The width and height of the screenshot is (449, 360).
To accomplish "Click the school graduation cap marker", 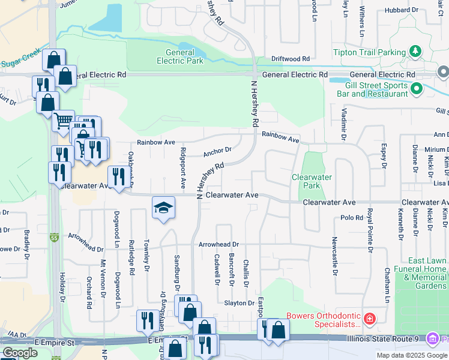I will tap(163, 208).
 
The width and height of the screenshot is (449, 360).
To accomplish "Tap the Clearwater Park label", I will tap(312, 181).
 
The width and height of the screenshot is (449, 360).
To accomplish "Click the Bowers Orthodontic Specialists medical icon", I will tap(369, 317).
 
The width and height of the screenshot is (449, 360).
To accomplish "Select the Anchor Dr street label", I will tap(217, 151).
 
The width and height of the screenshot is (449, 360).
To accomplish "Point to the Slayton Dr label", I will tap(239, 303).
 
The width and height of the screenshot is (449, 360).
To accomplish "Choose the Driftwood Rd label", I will tap(290, 59).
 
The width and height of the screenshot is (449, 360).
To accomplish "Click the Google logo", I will tap(20, 353).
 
